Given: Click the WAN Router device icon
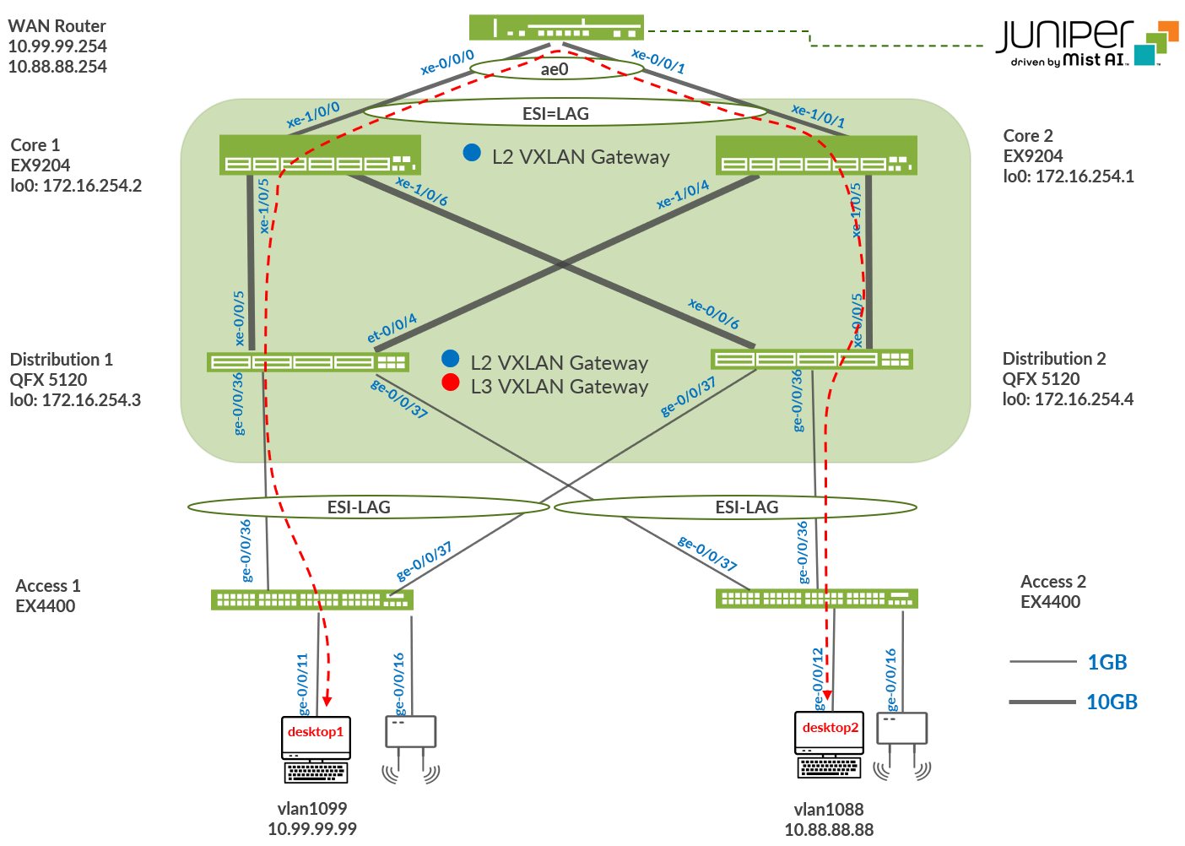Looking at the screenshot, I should click(x=556, y=27).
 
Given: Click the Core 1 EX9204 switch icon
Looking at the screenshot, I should click(x=319, y=155).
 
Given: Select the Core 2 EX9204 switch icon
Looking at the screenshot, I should click(x=815, y=155).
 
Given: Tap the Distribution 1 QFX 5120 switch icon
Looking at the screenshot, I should click(x=307, y=362).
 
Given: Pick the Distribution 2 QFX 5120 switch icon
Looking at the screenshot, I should click(x=811, y=359).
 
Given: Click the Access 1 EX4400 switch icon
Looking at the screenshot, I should click(x=311, y=599).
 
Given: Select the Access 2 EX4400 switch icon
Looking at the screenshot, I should click(x=816, y=599).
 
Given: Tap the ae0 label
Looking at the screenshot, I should click(x=555, y=69).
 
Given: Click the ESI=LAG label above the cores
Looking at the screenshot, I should click(x=555, y=113).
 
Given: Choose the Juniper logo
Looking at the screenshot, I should click(x=1087, y=42).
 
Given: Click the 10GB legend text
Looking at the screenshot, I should click(x=1112, y=702).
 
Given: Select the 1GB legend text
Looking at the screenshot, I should click(x=1107, y=662).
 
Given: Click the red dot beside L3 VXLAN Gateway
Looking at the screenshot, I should click(x=451, y=382).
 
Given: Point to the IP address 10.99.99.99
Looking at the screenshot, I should click(x=312, y=829).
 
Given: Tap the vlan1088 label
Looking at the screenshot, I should click(x=829, y=809).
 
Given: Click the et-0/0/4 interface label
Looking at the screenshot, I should click(x=392, y=328).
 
